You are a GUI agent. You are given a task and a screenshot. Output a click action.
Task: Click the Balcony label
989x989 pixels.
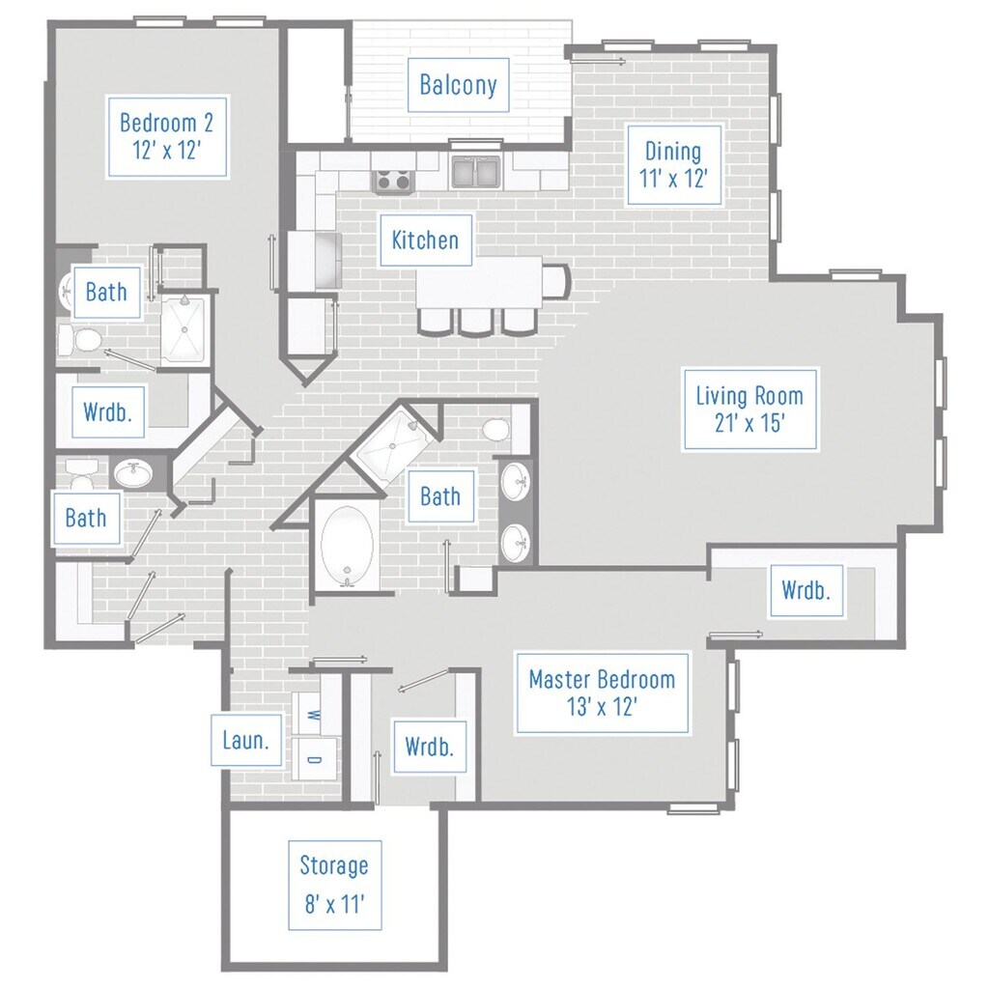[x=459, y=85]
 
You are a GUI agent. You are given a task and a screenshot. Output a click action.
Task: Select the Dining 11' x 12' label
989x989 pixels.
[x=673, y=165]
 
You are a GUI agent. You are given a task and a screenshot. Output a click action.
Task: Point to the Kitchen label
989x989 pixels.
[x=425, y=240]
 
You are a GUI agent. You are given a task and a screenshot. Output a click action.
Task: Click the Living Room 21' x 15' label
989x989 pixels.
[x=749, y=410]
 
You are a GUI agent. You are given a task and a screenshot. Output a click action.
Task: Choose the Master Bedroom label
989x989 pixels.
[x=603, y=692]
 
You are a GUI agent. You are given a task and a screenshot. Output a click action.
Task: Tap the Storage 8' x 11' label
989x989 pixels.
[x=334, y=885]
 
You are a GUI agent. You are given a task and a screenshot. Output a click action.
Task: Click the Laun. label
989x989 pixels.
[x=246, y=741]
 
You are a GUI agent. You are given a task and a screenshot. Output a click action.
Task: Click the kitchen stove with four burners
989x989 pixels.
[x=394, y=180]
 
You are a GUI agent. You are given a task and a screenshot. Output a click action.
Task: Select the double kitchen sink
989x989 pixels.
[x=476, y=172]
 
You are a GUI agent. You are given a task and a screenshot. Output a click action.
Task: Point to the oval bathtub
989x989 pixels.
[x=347, y=547]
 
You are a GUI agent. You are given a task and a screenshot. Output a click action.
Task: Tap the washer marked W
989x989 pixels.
[x=314, y=714]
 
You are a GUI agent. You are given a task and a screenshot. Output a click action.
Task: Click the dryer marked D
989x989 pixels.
[x=314, y=759]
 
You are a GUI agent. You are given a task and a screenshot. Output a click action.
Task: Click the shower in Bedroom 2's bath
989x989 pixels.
[x=183, y=329]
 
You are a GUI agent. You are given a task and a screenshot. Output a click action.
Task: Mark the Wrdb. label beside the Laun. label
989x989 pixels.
[x=430, y=748]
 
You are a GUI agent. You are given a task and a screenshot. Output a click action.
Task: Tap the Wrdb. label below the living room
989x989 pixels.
[x=806, y=591]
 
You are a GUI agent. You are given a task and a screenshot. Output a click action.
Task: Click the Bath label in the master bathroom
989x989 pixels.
[x=440, y=496]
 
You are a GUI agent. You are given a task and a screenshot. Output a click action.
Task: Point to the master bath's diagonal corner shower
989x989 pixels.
[x=394, y=445]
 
